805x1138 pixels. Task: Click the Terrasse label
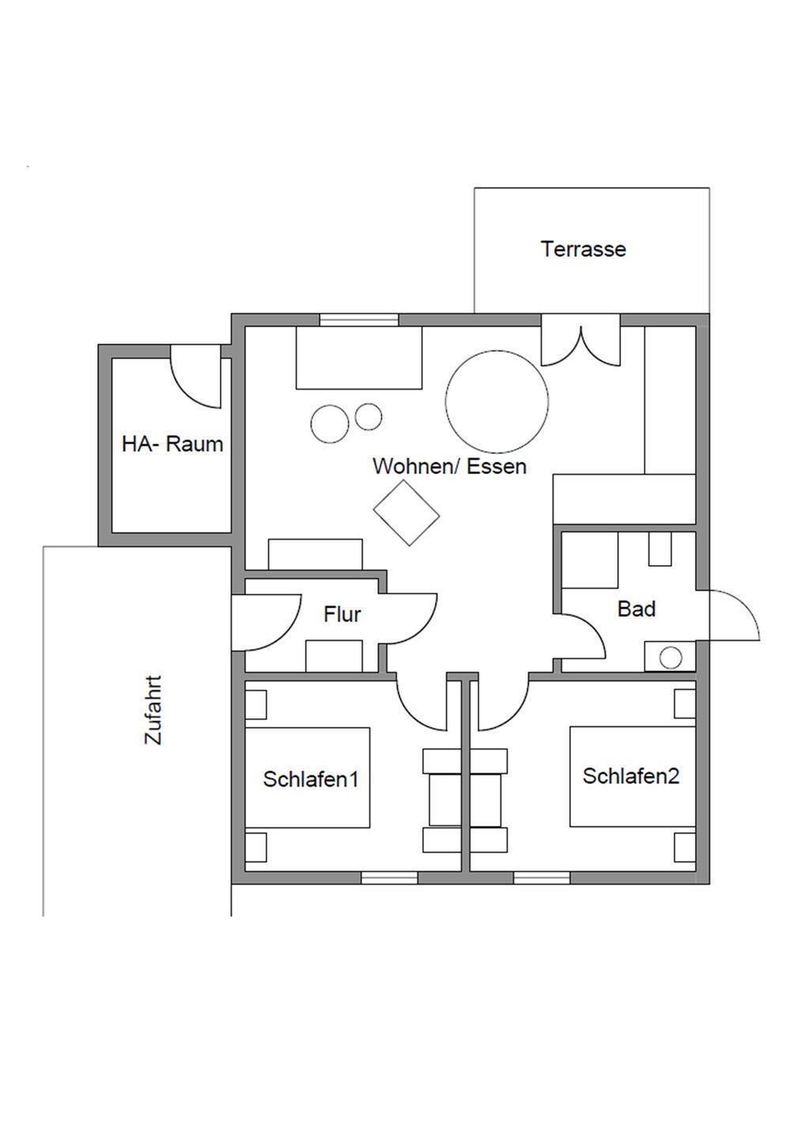click(583, 250)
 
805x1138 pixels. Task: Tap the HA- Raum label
click(172, 444)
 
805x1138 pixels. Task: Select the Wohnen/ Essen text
click(449, 466)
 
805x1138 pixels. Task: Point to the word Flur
click(342, 614)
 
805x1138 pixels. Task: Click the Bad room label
click(637, 609)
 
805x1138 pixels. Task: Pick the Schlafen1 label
click(311, 779)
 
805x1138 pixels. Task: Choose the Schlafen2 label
click(631, 776)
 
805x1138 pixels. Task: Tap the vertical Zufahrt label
click(153, 710)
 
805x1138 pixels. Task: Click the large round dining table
click(497, 401)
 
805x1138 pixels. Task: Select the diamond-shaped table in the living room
click(406, 513)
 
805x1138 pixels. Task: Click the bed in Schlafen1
click(308, 778)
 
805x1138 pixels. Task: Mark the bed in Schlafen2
click(632, 777)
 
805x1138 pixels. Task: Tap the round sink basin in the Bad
click(671, 658)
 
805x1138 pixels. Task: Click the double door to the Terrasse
click(580, 345)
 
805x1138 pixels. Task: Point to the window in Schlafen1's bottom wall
click(389, 877)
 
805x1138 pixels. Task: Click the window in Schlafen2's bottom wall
click(541, 877)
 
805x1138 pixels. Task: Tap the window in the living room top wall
click(359, 319)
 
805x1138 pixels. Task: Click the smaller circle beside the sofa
click(368, 416)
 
